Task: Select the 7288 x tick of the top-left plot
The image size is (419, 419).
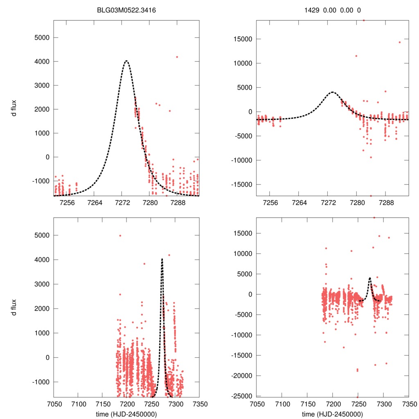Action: [x=177, y=203]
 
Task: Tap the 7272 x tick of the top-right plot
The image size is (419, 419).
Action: [x=328, y=203]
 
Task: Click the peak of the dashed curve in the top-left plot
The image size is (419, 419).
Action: [x=126, y=61]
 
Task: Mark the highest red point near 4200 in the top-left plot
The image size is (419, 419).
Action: [x=177, y=57]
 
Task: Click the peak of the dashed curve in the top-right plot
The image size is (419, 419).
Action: [x=332, y=92]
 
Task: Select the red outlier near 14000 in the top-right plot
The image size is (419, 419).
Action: [x=400, y=42]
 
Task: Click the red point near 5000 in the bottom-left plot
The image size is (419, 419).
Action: [x=120, y=235]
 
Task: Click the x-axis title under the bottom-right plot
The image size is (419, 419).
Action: [x=332, y=414]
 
